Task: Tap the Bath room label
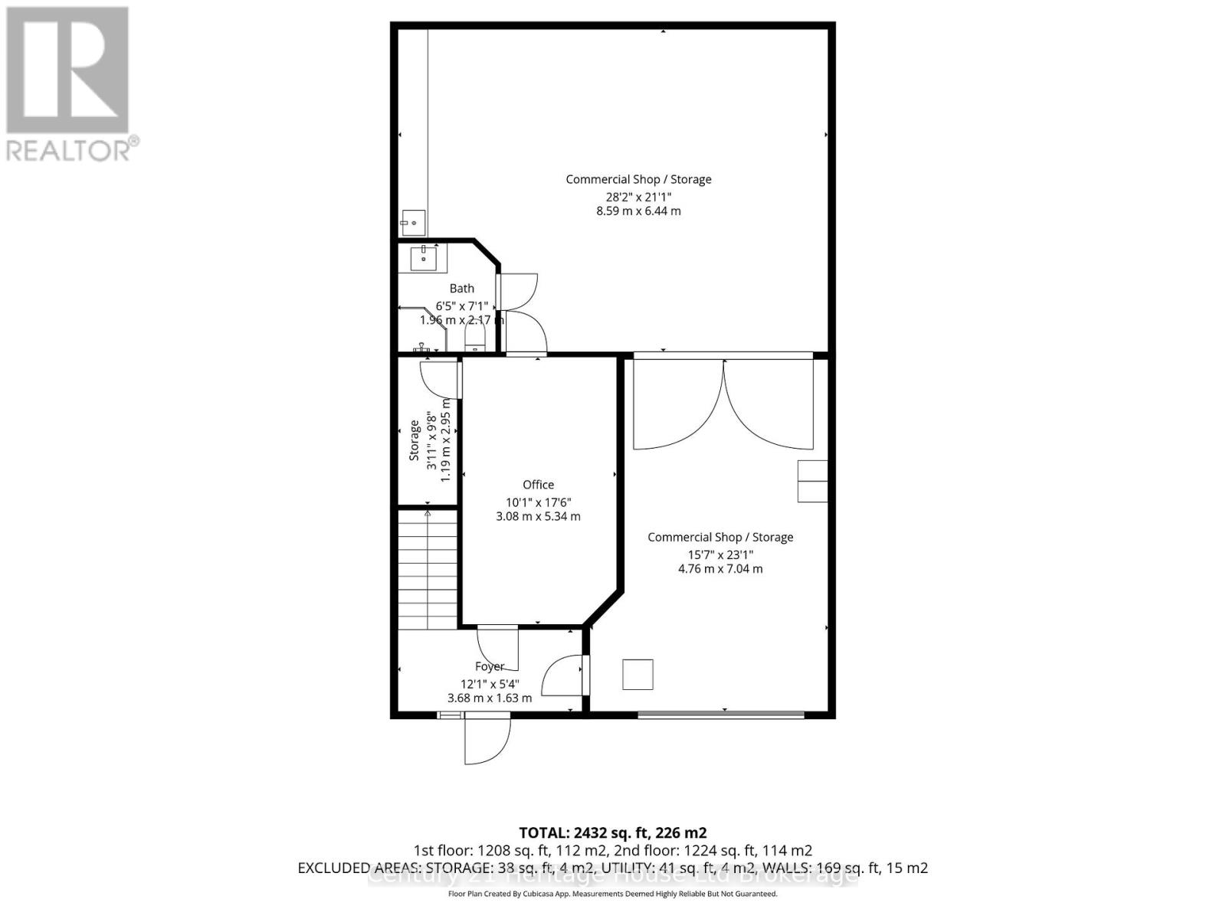click(461, 289)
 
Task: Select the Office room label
click(538, 485)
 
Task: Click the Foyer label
click(490, 667)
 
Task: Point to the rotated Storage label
click(415, 440)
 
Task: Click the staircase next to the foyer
click(428, 570)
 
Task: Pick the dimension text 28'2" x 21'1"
click(638, 196)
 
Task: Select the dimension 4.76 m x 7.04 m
click(720, 569)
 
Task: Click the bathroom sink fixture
click(423, 258)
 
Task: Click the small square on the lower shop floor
click(638, 675)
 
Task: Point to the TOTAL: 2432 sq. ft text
click(612, 833)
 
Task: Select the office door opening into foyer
click(498, 648)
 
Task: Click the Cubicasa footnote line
click(612, 894)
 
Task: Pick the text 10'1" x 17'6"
click(538, 502)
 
